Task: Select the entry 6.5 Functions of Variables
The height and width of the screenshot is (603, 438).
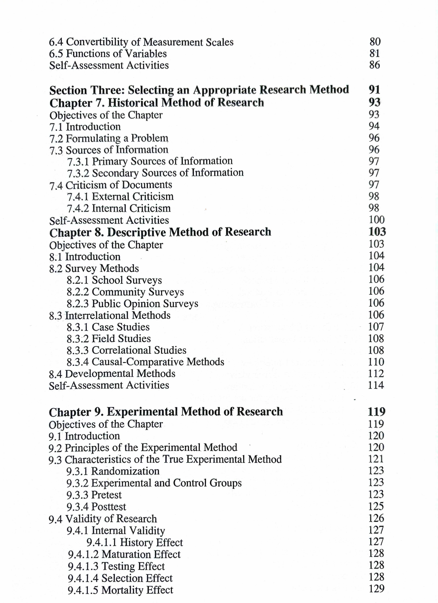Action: (x=108, y=54)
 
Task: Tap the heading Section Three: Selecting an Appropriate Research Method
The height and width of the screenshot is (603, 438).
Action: (x=199, y=90)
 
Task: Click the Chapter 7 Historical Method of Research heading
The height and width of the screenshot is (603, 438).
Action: (x=157, y=103)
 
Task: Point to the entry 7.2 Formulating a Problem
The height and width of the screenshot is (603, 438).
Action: (x=109, y=138)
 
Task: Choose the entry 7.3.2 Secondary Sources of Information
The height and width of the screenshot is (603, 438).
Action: (x=155, y=173)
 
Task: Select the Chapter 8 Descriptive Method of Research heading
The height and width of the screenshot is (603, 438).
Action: (x=160, y=232)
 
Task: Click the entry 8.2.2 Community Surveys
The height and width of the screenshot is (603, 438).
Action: (x=125, y=292)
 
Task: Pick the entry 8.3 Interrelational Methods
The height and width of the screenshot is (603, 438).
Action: (x=110, y=315)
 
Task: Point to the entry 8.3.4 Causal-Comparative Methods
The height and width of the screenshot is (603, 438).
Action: (x=145, y=362)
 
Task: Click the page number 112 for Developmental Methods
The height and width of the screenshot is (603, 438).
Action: (x=376, y=374)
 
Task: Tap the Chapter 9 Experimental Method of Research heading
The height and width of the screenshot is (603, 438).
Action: (x=166, y=412)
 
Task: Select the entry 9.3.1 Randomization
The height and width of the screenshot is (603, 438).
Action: (x=113, y=471)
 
